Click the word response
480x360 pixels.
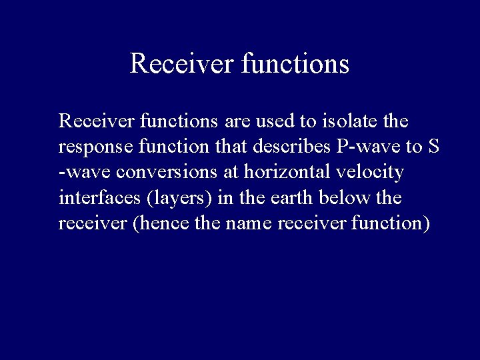pos(89,147)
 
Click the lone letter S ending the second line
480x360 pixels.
pos(434,147)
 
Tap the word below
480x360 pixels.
pos(339,198)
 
